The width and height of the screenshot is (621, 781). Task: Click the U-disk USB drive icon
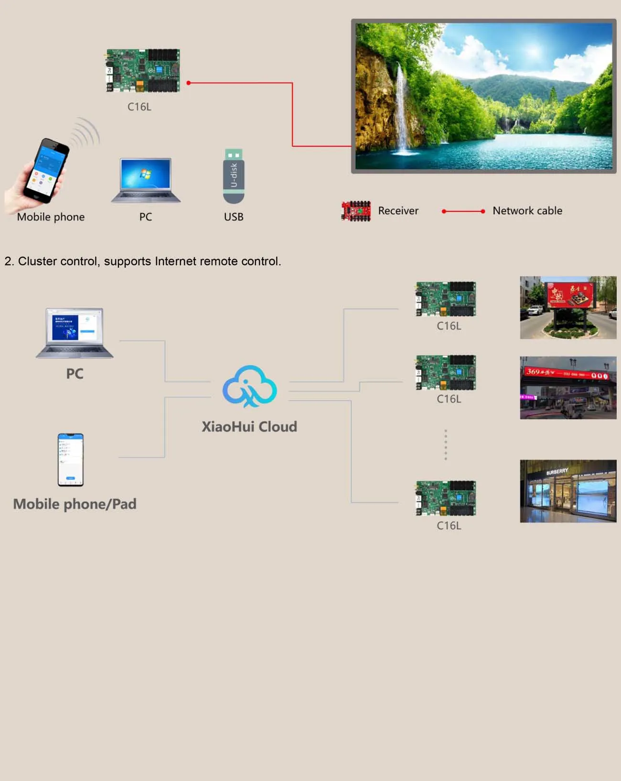tap(234, 176)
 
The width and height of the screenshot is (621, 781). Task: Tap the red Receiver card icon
tap(356, 211)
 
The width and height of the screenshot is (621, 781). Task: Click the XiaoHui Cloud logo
tap(249, 387)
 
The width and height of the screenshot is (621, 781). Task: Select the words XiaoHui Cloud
tap(249, 426)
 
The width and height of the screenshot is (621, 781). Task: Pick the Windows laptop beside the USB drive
tap(146, 180)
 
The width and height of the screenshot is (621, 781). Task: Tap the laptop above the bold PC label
tap(75, 333)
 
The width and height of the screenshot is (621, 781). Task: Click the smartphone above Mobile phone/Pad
tap(71, 460)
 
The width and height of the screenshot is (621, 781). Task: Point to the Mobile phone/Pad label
tap(75, 504)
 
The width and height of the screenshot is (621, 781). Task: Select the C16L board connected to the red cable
tap(143, 70)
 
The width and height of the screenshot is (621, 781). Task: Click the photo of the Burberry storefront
tap(568, 491)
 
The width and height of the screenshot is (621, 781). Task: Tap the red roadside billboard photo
tap(568, 307)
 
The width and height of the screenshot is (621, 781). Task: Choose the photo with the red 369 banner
tap(568, 388)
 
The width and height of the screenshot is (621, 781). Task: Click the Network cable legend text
tap(527, 211)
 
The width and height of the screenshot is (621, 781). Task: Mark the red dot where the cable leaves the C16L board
tap(189, 83)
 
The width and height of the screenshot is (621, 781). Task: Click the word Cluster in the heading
tap(38, 261)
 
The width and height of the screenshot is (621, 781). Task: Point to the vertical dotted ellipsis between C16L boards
tap(446, 445)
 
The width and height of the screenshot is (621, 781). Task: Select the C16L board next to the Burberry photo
tap(446, 498)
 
